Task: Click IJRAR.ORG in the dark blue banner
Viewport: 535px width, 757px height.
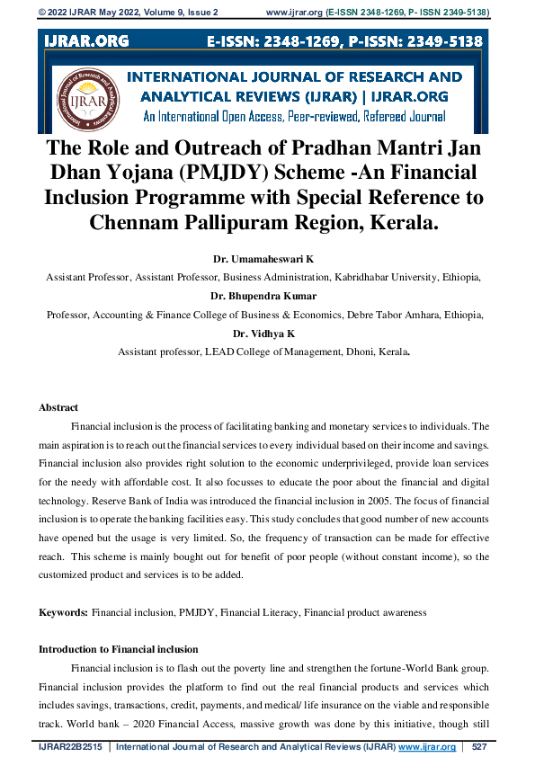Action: point(85,41)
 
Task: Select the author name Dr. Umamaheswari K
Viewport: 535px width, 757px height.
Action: point(267,258)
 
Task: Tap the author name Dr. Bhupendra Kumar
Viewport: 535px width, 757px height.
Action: point(266,295)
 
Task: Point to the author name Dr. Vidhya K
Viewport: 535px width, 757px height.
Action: point(266,334)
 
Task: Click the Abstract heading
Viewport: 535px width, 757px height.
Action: point(58,407)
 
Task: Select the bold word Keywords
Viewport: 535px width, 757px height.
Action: point(63,612)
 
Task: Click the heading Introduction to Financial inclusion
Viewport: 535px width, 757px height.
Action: point(118,649)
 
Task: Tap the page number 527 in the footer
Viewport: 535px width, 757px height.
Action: point(479,746)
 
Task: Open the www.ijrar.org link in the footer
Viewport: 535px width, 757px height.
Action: point(427,746)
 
